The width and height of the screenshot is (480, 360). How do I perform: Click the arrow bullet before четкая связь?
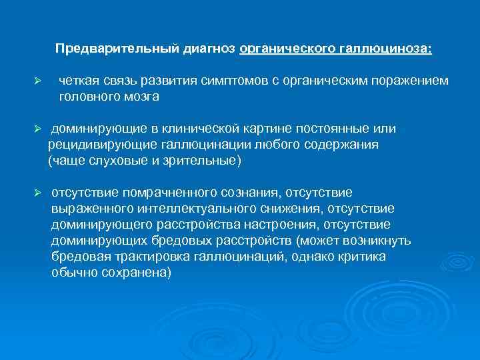39,81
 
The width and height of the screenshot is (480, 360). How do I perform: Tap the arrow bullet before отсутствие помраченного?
39,193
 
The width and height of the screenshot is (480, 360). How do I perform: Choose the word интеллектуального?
163,209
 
